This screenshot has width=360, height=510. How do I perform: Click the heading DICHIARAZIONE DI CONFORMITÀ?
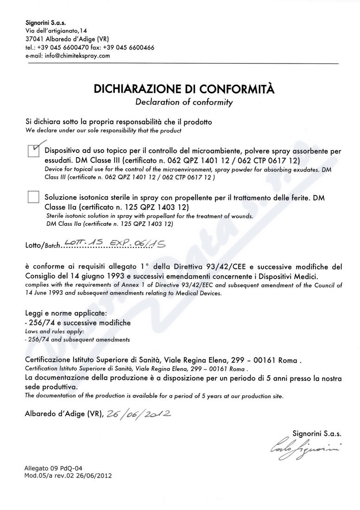(x=184, y=89)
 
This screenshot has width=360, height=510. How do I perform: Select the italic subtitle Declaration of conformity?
(x=184, y=102)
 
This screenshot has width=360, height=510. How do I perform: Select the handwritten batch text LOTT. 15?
(x=85, y=242)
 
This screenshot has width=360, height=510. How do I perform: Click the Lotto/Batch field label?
(x=43, y=246)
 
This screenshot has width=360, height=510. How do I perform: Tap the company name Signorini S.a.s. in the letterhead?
(x=46, y=22)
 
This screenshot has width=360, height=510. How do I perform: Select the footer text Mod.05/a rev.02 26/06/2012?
(x=68, y=476)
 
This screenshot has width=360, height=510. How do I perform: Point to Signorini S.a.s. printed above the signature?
(x=317, y=433)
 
